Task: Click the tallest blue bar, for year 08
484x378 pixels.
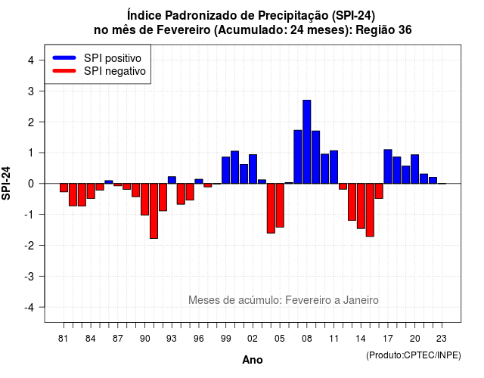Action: tap(307, 141)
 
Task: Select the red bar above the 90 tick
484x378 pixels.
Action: tap(144, 200)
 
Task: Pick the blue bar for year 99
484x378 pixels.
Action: tap(225, 170)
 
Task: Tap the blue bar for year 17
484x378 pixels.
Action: tap(388, 166)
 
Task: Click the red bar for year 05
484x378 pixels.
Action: tap(280, 206)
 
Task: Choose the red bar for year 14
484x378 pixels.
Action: tap(361, 206)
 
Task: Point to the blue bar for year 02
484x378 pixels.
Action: tap(253, 169)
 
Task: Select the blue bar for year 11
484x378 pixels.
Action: tap(334, 167)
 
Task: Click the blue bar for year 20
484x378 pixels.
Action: tap(415, 169)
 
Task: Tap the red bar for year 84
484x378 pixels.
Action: tap(91, 191)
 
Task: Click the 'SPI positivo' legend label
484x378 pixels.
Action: tap(113, 58)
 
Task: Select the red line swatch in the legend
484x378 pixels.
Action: tap(64, 70)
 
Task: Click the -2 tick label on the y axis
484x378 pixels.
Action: tap(29, 245)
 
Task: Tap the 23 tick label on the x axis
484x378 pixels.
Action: tap(442, 339)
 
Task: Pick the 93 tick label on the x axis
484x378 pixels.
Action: tap(172, 339)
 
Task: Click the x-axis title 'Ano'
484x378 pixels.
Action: tap(253, 360)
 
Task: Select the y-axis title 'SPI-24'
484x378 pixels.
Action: tap(6, 183)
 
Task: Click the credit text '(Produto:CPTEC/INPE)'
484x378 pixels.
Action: tap(414, 355)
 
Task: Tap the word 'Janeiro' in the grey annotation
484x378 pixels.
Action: tap(361, 300)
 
